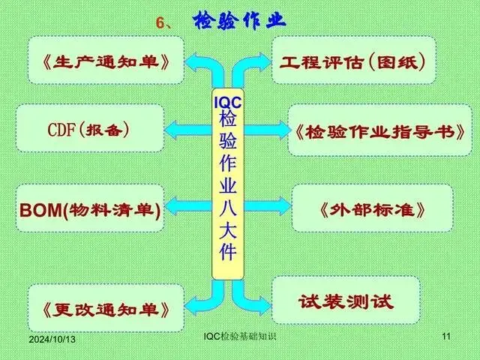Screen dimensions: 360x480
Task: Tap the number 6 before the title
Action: coord(160,22)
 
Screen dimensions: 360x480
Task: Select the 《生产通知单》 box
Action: coord(106,59)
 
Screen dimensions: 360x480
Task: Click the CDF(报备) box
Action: coord(89,128)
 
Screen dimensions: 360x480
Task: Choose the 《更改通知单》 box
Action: coord(105,307)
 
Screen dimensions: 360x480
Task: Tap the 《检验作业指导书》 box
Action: coord(379,131)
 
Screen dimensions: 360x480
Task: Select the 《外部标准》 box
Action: coord(372,208)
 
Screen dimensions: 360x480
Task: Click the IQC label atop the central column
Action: coord(228,101)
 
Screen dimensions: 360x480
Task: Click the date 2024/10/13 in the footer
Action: coord(53,340)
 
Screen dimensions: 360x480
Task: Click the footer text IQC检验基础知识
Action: coord(240,337)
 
